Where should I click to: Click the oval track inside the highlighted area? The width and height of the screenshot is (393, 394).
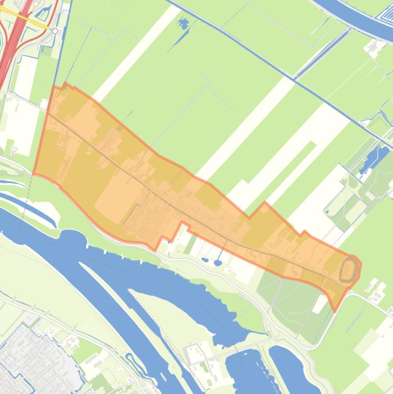point(350,269)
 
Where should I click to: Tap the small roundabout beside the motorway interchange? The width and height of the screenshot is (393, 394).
point(55,31)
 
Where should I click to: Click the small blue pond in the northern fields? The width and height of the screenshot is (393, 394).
point(182,23)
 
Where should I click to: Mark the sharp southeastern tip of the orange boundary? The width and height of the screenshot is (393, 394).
point(335,310)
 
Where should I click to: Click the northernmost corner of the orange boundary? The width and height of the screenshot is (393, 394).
point(65,83)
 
